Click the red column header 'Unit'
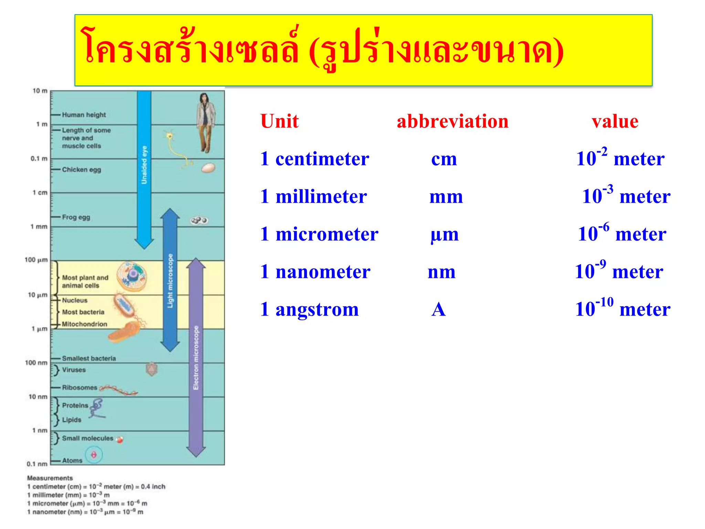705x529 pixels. pos(279,121)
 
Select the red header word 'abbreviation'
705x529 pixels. pos(452,121)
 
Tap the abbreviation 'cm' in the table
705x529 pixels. pos(444,159)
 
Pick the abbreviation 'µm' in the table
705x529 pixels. pos(444,235)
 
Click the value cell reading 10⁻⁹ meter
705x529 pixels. pos(619,271)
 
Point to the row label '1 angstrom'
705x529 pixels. pos(309,309)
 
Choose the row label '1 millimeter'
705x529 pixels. pos(313,197)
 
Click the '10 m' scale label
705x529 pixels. pos(40,91)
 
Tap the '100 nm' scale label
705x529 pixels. pos(36,363)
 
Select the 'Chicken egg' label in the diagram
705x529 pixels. pos(81,170)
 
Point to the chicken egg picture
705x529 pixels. pos(208,168)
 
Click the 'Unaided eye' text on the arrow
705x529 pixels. pos(144,165)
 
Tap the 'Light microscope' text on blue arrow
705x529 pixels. pos(170,281)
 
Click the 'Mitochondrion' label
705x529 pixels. pos(84,324)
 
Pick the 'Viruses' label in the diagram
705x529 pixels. pos(74,370)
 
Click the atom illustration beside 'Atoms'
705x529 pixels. pos(94,455)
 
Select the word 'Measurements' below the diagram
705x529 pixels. pos(50,478)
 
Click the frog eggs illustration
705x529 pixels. pos(199,220)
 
